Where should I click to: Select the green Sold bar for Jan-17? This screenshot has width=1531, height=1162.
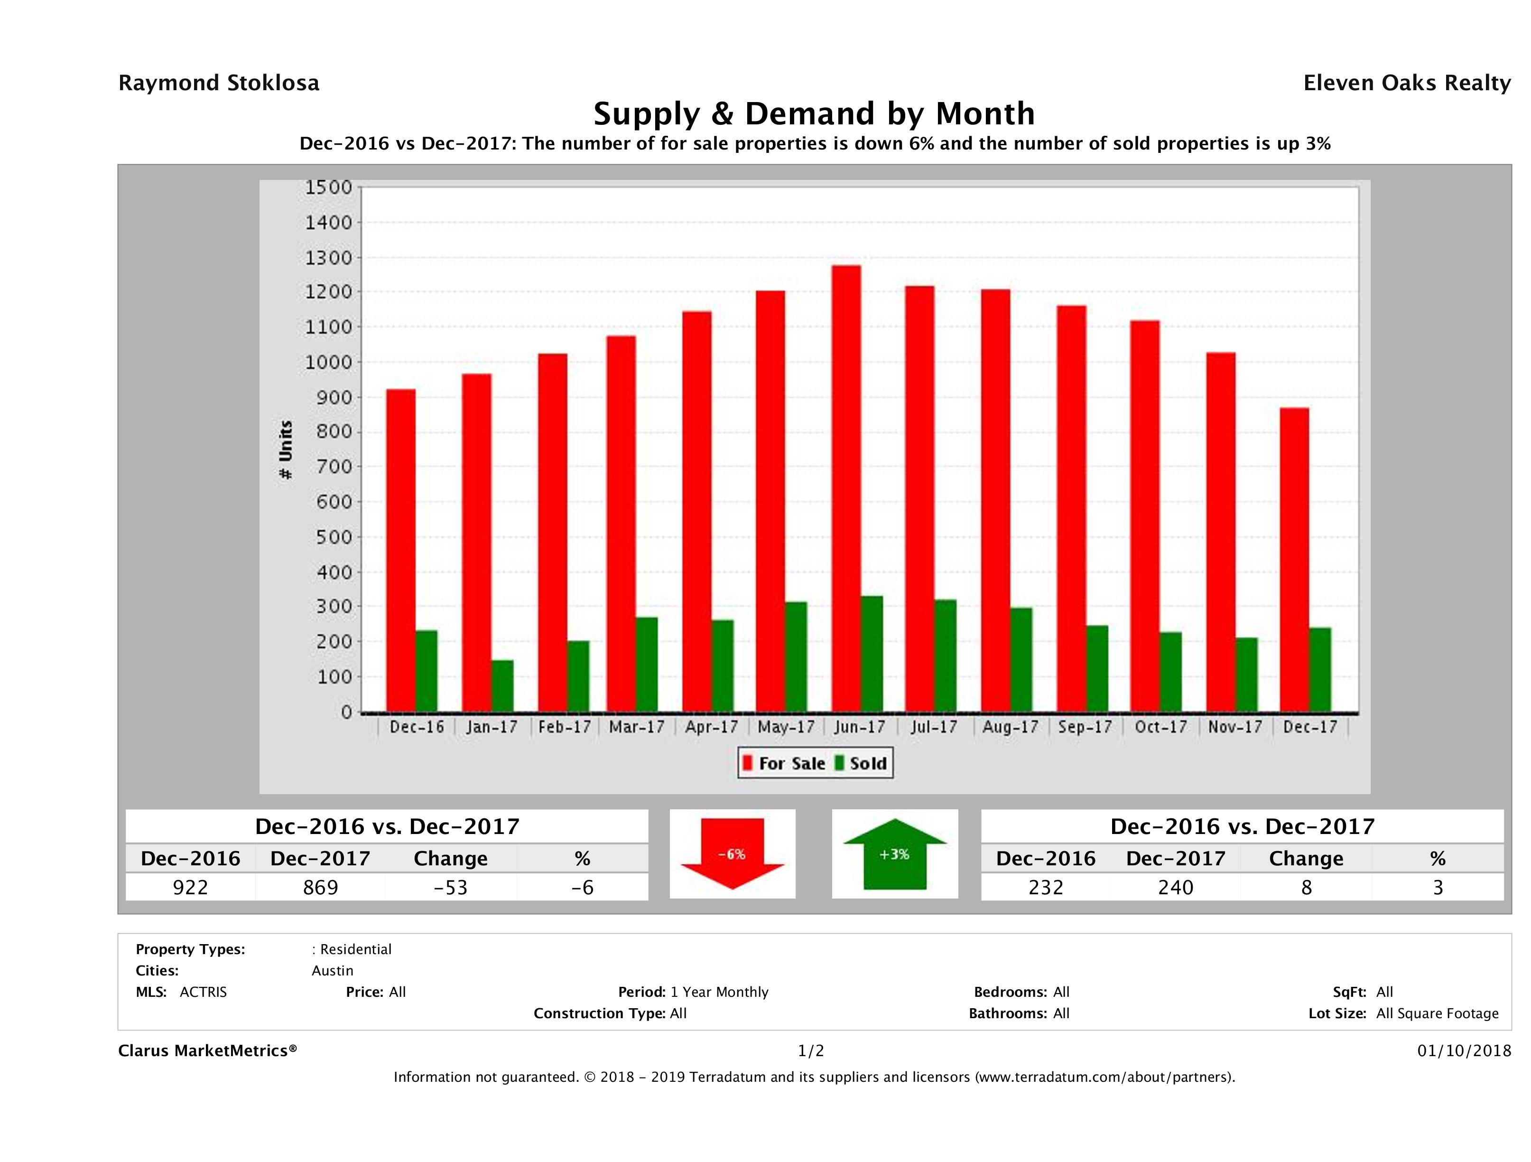click(x=502, y=685)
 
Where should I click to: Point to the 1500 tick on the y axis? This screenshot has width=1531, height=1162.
click(x=329, y=187)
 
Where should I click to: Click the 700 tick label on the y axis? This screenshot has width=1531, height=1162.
click(x=329, y=467)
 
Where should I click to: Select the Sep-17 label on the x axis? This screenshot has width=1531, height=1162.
click(x=1085, y=727)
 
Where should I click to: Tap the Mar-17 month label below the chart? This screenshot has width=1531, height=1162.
click(x=636, y=727)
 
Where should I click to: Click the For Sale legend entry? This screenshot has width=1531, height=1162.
click(x=784, y=763)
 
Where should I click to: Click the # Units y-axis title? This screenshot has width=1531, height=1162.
click(x=285, y=450)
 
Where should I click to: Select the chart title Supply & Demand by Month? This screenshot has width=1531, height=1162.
click(x=814, y=113)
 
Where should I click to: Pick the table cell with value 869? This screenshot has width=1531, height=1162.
click(x=320, y=887)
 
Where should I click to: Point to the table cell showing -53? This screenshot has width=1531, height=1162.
click(x=451, y=887)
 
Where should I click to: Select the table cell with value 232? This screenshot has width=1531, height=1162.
click(x=1045, y=887)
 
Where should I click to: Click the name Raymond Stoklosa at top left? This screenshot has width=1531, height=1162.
click(x=219, y=83)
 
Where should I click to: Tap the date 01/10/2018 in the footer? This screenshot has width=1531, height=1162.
click(x=1464, y=1050)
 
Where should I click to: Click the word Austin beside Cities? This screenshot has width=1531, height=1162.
click(x=332, y=970)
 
